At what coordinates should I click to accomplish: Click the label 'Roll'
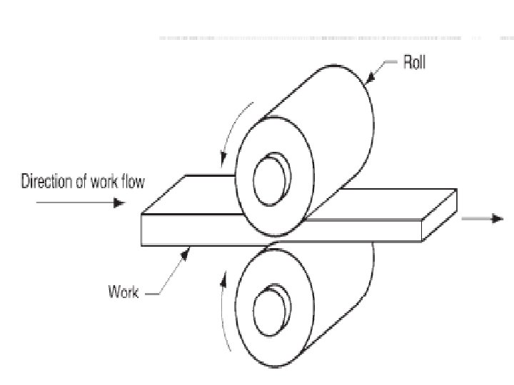tap(413, 63)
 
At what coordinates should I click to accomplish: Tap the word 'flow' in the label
tap(133, 182)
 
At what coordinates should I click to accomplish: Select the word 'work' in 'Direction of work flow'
tap(104, 182)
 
